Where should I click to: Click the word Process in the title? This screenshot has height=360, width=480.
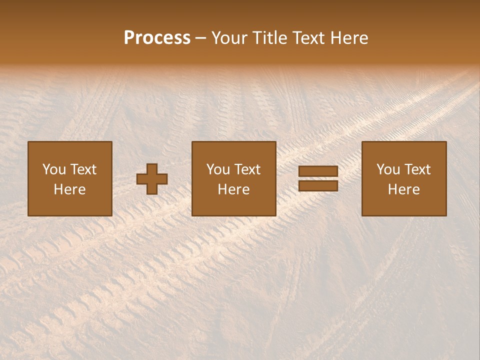[x=157, y=38]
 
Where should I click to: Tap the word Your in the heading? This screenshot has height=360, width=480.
[x=229, y=38]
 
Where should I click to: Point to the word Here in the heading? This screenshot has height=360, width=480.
[x=350, y=38]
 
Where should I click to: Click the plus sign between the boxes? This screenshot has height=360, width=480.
[x=152, y=179]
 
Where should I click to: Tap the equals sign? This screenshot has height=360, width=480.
[x=318, y=178]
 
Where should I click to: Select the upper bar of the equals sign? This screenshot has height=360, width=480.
[x=318, y=171]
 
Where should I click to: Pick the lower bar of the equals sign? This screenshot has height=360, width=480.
[x=318, y=185]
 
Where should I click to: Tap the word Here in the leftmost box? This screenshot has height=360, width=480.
[x=70, y=189]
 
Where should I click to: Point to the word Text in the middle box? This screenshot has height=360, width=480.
[x=247, y=169]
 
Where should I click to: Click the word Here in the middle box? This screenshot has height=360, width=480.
[x=234, y=189]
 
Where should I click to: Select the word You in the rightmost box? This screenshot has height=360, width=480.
[x=388, y=169]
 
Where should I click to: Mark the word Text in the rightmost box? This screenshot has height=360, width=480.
[x=417, y=169]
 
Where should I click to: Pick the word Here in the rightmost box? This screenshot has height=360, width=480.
[x=404, y=189]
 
